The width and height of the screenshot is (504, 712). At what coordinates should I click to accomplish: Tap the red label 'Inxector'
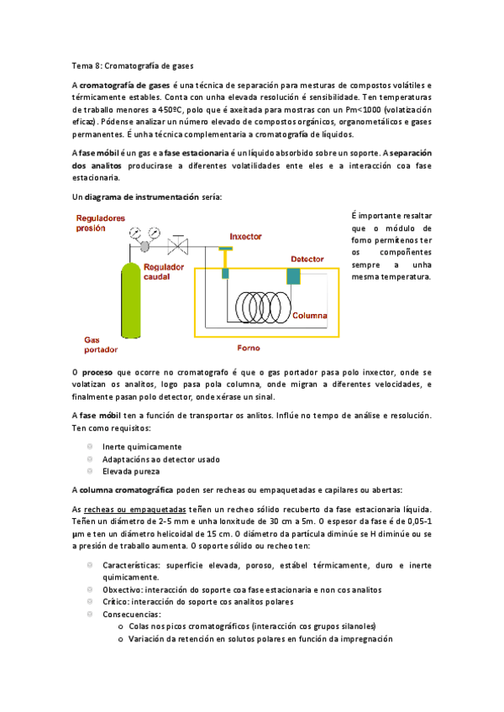click(246, 237)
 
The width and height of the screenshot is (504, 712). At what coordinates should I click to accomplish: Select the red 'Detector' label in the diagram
click(307, 259)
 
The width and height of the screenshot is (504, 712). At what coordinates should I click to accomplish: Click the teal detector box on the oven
click(294, 275)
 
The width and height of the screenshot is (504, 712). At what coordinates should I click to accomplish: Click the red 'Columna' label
click(310, 316)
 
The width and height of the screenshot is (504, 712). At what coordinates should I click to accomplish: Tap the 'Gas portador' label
click(100, 344)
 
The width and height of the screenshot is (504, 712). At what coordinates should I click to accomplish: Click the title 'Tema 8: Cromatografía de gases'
click(133, 65)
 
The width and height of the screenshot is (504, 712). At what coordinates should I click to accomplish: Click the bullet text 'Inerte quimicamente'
click(142, 447)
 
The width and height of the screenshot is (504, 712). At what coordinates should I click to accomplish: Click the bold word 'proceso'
click(97, 371)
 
